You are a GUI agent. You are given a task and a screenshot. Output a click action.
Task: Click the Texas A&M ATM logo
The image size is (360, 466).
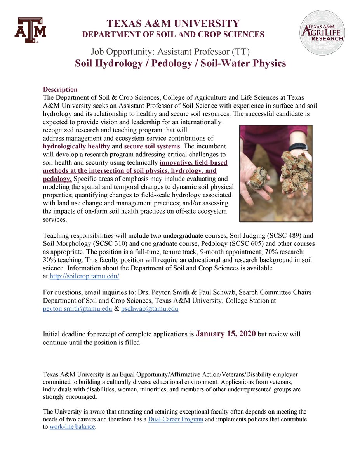[30, 30]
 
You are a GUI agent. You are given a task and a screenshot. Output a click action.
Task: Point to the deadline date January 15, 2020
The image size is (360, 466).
[226, 334]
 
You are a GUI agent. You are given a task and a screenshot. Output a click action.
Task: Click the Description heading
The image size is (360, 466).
[60, 89]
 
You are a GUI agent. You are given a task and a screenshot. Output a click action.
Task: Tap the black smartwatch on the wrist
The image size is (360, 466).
[298, 147]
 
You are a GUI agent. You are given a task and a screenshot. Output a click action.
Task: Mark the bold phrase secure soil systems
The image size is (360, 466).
[152, 146]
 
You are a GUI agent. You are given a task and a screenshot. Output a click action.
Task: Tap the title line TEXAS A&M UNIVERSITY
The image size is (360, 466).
[174, 23]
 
